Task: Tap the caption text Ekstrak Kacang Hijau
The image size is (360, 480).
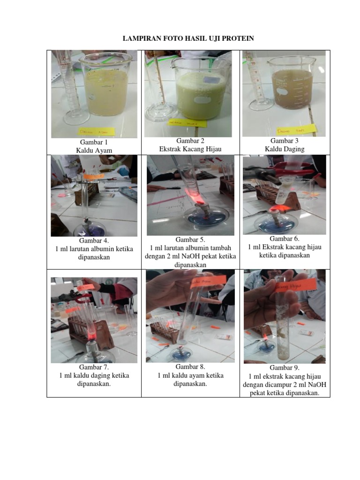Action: (x=190, y=149)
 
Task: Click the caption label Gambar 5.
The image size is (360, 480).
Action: (x=190, y=240)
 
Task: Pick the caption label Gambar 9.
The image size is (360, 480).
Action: (x=284, y=368)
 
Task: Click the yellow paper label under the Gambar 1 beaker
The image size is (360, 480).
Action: (x=95, y=133)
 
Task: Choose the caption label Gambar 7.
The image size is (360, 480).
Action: (x=94, y=368)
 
